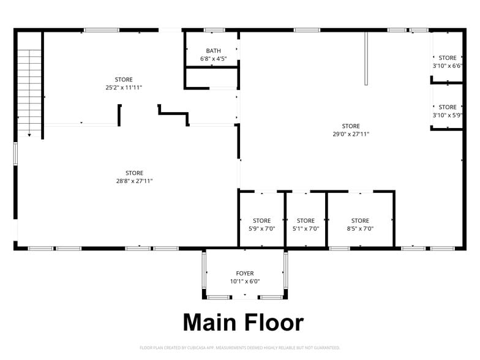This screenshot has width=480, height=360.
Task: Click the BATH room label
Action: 213,51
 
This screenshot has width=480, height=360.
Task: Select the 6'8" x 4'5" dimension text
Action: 213,59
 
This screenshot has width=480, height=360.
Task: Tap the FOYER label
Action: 245,273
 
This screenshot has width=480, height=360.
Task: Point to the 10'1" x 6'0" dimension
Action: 245,282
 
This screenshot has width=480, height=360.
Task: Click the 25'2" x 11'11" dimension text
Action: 124,88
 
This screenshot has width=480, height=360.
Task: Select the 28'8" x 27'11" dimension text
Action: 135,181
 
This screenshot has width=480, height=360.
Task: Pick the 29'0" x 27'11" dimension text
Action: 351,133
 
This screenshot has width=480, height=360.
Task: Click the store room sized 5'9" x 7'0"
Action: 262,219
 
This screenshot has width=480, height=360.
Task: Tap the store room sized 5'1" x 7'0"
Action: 306,219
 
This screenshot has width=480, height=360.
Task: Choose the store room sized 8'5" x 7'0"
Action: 360,219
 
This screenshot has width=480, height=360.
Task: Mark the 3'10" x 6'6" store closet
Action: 447,57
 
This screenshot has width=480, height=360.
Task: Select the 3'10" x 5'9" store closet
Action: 447,107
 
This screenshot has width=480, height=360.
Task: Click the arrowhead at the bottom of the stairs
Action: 29,135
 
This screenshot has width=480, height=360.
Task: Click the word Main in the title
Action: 209,323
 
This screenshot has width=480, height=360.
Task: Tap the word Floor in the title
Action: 274,323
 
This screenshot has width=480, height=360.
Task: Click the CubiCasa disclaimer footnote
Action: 240,348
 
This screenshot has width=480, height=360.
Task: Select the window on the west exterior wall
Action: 15,154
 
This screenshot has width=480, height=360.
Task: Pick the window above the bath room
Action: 214,30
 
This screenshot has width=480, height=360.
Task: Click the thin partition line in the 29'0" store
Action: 366,59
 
